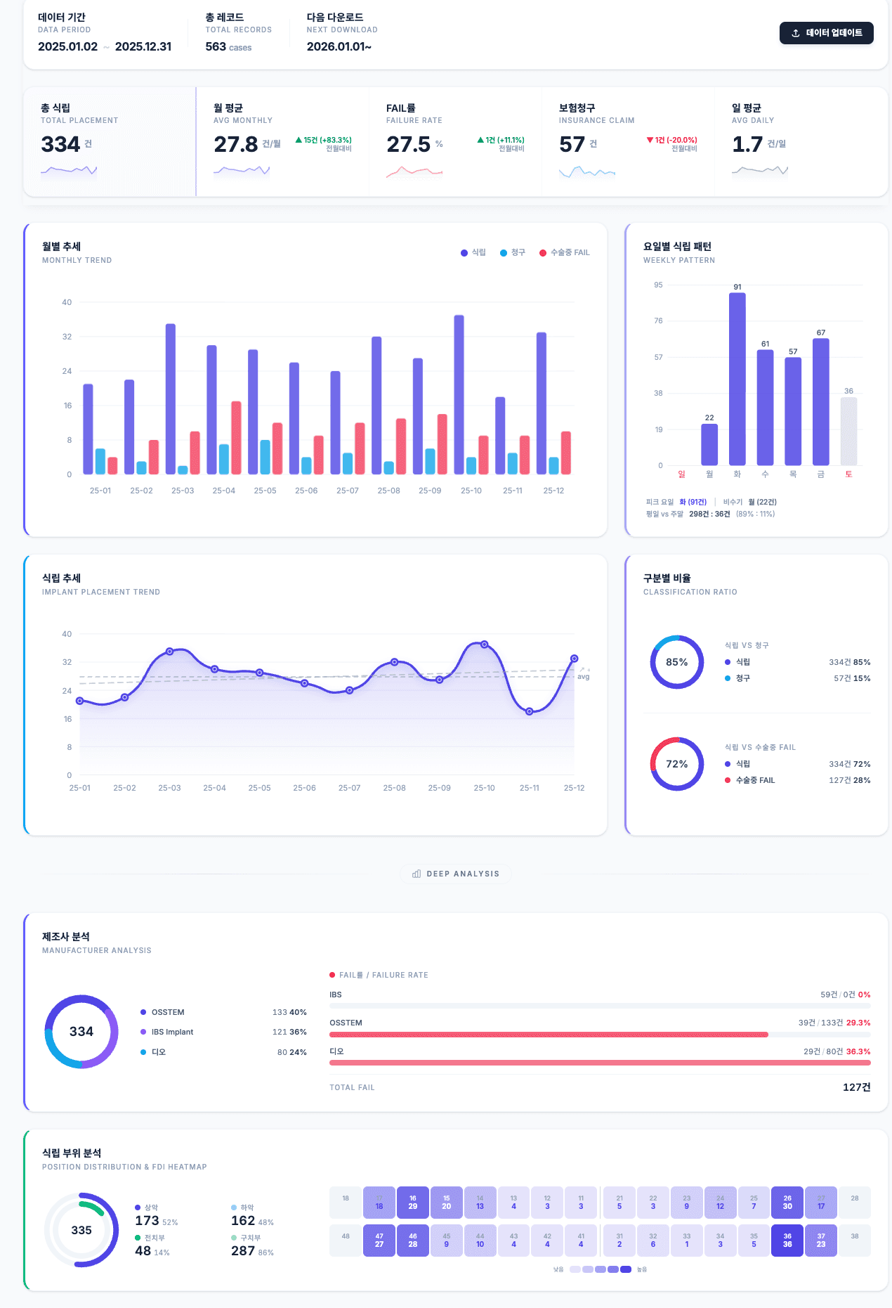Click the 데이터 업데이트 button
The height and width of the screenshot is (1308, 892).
point(826,33)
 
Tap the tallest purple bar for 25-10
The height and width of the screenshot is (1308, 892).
point(459,394)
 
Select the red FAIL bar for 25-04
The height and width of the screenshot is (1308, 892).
point(236,437)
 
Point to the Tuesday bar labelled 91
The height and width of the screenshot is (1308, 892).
point(737,380)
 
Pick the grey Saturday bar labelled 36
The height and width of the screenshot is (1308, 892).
point(848,432)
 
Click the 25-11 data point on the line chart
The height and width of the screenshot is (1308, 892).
point(529,711)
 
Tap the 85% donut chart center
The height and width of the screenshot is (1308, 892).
point(676,662)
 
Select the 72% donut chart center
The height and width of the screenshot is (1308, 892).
point(676,764)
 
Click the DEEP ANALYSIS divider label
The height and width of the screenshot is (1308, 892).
point(456,874)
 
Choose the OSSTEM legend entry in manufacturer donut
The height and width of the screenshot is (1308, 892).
point(167,1012)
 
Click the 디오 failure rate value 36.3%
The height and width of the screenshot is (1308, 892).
point(858,1051)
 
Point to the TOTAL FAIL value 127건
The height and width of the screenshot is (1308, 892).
point(856,1087)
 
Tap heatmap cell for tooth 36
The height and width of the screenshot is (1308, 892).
point(787,1241)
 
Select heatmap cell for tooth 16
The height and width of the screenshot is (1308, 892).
point(412,1203)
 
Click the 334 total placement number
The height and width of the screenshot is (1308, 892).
point(60,144)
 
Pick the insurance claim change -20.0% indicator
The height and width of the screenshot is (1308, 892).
point(672,140)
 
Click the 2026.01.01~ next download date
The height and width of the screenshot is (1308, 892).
point(339,46)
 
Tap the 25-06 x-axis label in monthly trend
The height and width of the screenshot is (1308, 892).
point(306,491)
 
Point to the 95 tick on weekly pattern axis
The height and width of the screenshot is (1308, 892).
point(658,285)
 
